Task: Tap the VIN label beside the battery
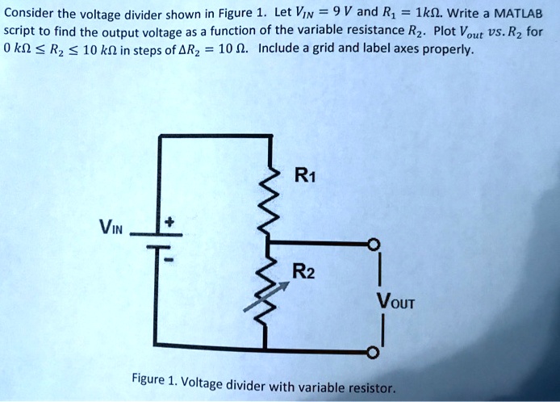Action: tap(112, 227)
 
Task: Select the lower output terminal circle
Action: tap(372, 353)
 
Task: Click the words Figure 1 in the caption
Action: tap(155, 379)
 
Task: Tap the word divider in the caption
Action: tap(253, 385)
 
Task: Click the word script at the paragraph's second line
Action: tap(20, 31)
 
